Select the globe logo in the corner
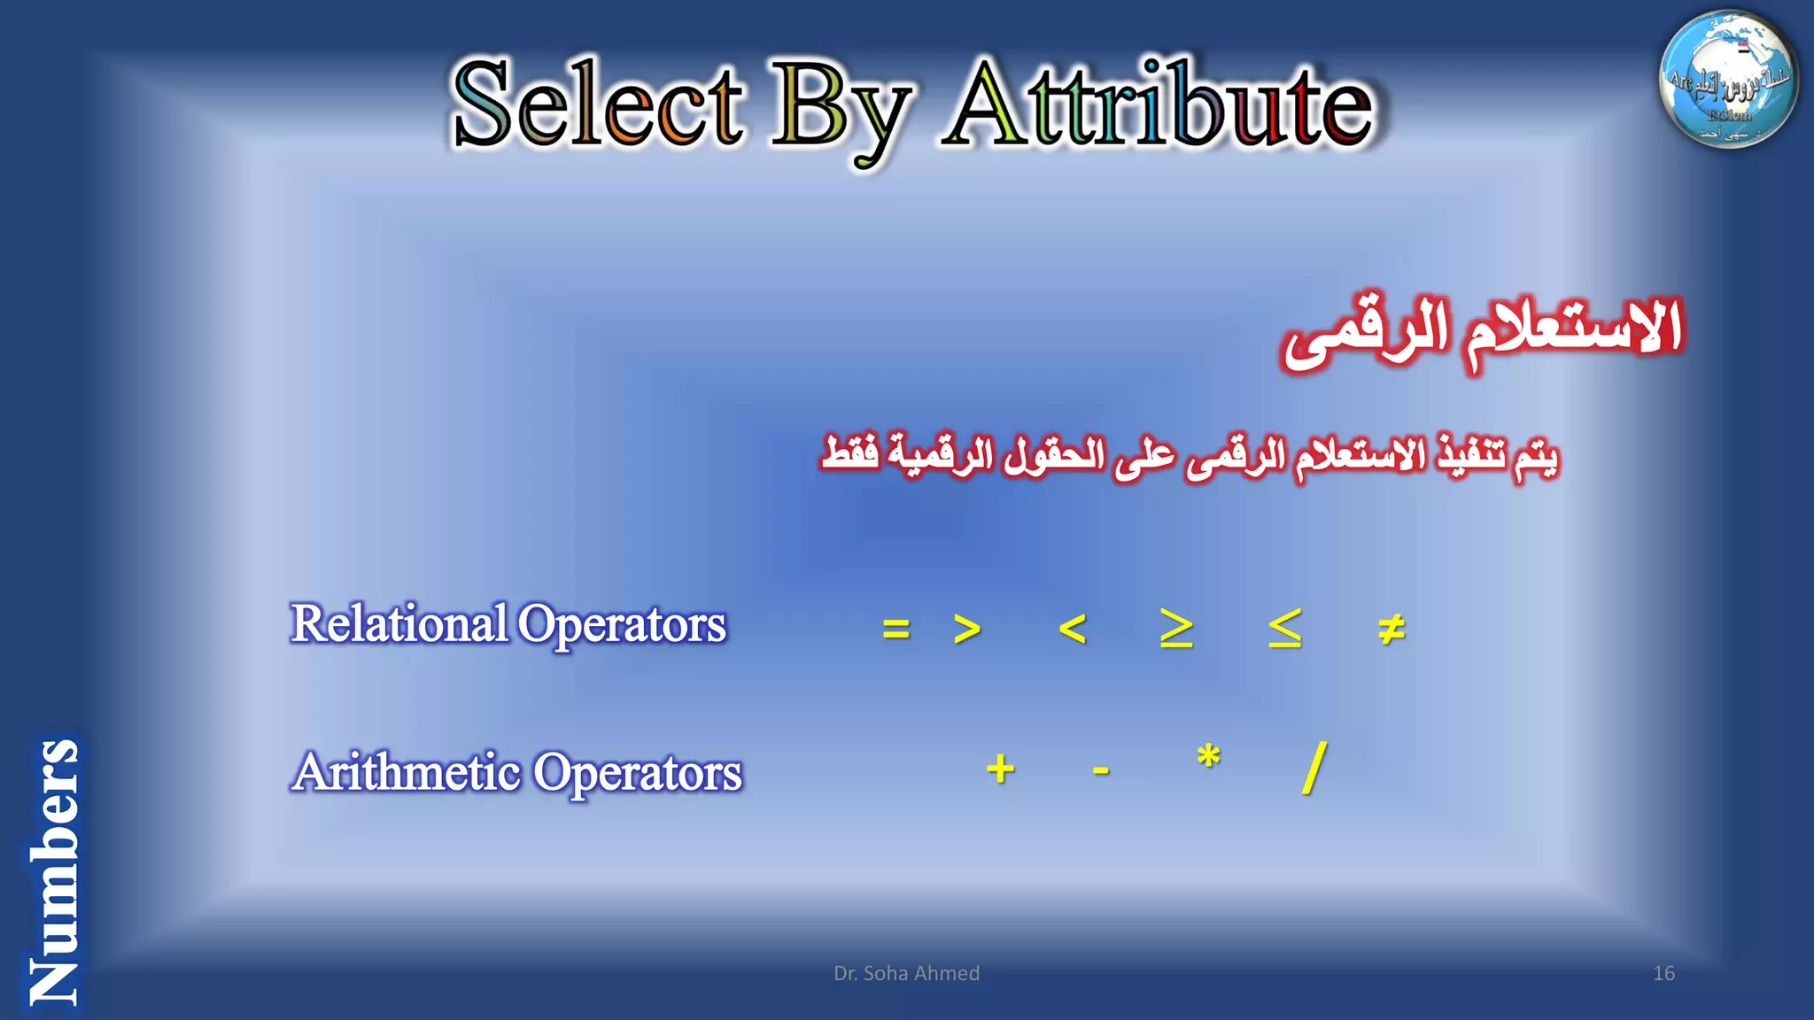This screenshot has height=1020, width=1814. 1728,79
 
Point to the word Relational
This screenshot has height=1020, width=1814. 399,623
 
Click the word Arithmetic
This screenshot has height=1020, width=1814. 407,772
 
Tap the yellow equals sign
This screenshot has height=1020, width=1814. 895,630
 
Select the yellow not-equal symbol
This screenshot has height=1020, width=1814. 1391,630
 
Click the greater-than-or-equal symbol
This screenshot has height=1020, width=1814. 1176,630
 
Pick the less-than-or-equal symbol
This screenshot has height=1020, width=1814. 1284,630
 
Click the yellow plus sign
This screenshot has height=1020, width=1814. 1000,769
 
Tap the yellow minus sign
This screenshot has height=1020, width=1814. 1101,770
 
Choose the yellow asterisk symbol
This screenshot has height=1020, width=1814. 1208,758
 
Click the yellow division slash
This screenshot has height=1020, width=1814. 1314,768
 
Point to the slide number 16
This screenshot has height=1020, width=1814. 1663,973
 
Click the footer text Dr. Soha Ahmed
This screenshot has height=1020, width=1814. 906,973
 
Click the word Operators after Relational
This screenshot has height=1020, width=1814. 622,625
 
